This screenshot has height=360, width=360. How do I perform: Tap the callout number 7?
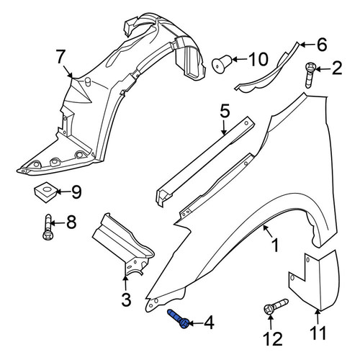click(60, 56)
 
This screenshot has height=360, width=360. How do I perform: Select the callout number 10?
click(258, 59)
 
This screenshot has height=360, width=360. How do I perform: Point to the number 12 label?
click(272, 338)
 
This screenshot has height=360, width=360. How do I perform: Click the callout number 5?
click(225, 111)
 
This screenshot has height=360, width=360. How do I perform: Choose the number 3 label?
click(126, 300)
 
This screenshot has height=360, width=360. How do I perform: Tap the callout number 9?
click(77, 192)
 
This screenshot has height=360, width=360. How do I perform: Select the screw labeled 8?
click(48, 227)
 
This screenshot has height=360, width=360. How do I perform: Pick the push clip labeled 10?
click(222, 63)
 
